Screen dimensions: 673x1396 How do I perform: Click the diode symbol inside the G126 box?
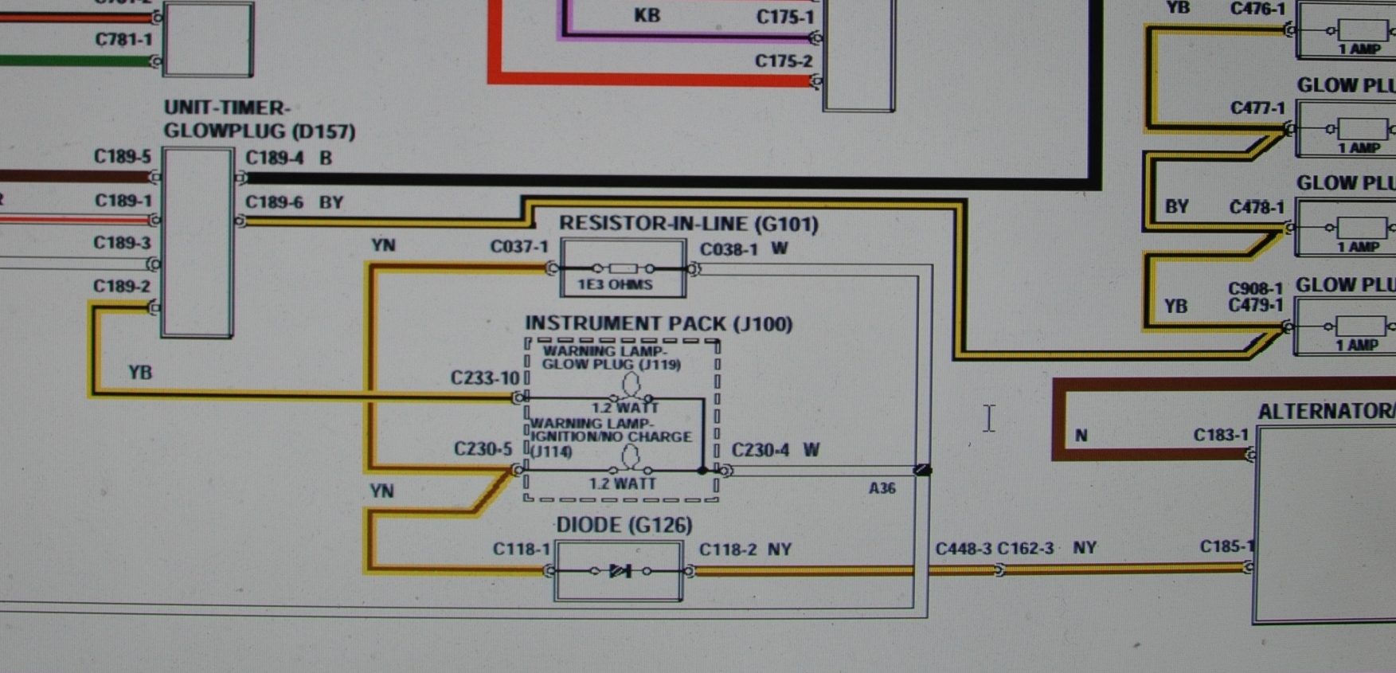(620, 571)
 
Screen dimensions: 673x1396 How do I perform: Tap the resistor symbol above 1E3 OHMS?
(623, 268)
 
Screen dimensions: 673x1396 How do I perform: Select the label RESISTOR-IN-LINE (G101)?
(688, 224)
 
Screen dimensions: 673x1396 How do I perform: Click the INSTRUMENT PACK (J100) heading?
(659, 324)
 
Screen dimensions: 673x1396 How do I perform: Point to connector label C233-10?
(484, 378)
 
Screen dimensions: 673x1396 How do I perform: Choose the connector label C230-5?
(483, 449)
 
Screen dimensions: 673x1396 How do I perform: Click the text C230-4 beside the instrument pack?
(760, 450)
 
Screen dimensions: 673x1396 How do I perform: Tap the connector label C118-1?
(521, 549)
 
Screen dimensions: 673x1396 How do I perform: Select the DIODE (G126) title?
(624, 525)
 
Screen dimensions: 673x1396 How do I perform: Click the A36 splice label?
(882, 488)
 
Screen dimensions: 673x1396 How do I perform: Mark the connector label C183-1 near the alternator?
(1221, 435)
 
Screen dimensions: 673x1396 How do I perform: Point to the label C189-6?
(274, 202)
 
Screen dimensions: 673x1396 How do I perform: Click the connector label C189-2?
(122, 286)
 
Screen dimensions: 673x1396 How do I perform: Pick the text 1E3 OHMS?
(615, 284)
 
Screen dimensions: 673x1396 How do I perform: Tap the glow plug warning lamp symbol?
(631, 386)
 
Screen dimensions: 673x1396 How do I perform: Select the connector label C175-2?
(784, 61)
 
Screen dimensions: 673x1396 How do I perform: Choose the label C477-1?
(1257, 108)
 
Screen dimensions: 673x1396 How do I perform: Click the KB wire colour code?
(647, 15)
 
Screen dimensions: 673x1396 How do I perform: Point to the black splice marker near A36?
(922, 470)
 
